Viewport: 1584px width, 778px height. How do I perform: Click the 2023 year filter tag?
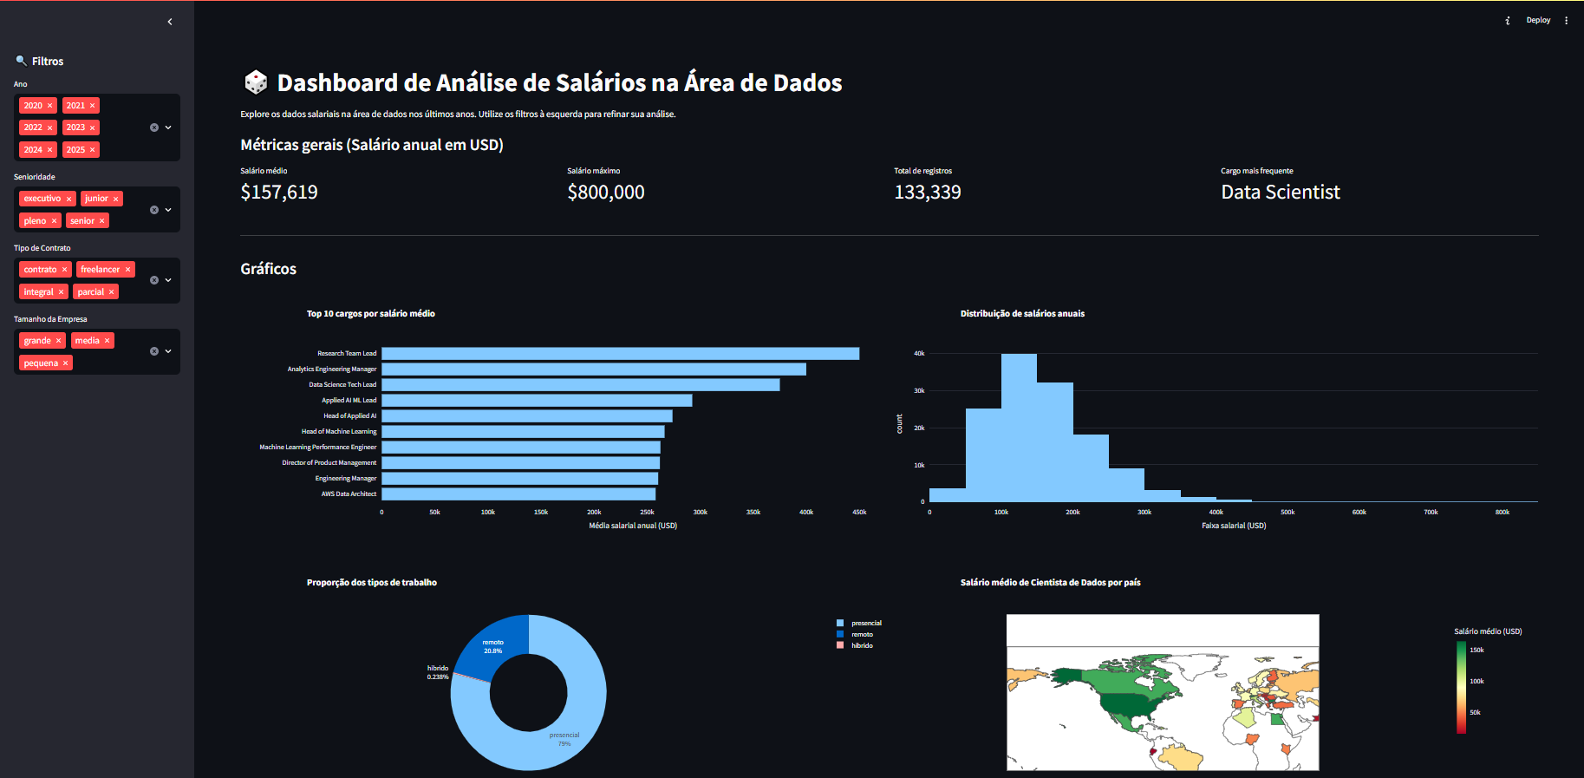point(76,127)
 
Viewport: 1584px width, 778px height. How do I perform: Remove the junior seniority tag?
point(115,199)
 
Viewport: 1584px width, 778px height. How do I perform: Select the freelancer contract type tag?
point(101,270)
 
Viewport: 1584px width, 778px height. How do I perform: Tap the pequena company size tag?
point(41,363)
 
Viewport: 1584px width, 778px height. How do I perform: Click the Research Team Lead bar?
point(620,354)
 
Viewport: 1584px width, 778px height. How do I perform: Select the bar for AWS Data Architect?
point(518,494)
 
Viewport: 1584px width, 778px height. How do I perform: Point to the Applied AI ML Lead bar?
point(537,401)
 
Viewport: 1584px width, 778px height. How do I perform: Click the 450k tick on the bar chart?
point(859,513)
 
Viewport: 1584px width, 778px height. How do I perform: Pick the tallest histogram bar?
point(1019,428)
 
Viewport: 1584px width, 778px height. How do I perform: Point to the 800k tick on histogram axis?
point(1503,513)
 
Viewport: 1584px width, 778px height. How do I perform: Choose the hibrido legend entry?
point(862,645)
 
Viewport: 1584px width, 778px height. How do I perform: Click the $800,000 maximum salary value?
point(606,193)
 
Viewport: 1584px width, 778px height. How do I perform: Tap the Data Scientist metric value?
point(1281,193)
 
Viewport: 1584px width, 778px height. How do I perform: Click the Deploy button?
point(1538,20)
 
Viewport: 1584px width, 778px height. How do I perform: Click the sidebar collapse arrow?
point(170,22)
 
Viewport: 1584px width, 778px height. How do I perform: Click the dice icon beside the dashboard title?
point(256,82)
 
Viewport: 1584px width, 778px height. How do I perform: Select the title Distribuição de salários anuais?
point(1022,314)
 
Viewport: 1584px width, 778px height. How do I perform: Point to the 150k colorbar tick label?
point(1476,650)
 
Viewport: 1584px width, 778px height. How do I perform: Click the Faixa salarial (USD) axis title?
point(1234,526)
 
